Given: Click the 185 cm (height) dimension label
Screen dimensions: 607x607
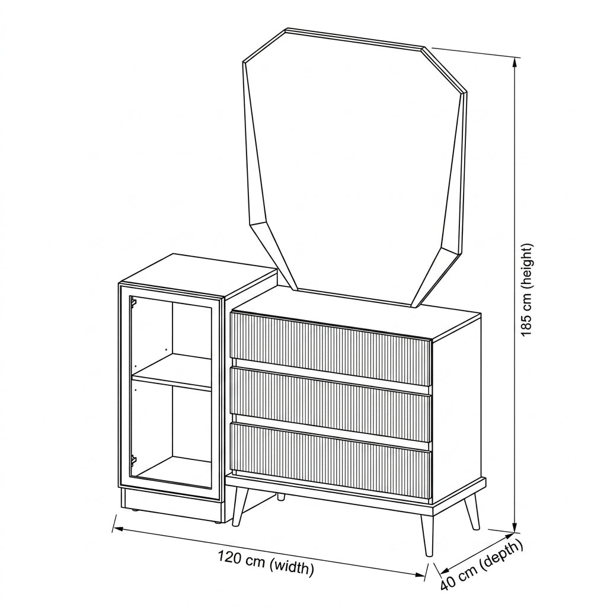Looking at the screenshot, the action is pyautogui.click(x=528, y=290).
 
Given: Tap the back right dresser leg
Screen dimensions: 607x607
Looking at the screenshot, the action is pyautogui.click(x=472, y=511).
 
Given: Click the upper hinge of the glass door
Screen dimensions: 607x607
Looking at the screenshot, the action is pyautogui.click(x=133, y=302).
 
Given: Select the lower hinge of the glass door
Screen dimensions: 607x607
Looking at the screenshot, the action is pyautogui.click(x=133, y=461).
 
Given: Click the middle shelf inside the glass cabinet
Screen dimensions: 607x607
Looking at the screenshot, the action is pyautogui.click(x=172, y=376).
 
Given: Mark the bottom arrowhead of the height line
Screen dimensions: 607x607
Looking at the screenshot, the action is pyautogui.click(x=515, y=527).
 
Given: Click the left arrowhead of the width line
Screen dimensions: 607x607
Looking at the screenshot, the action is pyautogui.click(x=118, y=528).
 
